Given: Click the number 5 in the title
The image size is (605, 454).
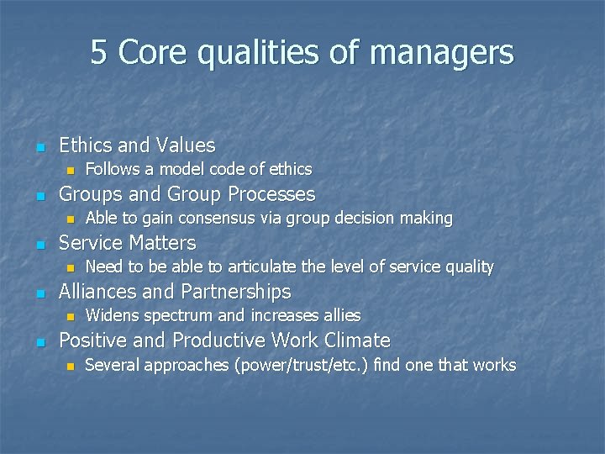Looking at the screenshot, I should pos(99,53).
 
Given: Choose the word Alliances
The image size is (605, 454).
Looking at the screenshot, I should pos(98,292).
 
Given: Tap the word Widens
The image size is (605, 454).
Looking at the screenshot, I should pos(113,316).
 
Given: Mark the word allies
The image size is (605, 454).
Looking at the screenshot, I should pos(342,316).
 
